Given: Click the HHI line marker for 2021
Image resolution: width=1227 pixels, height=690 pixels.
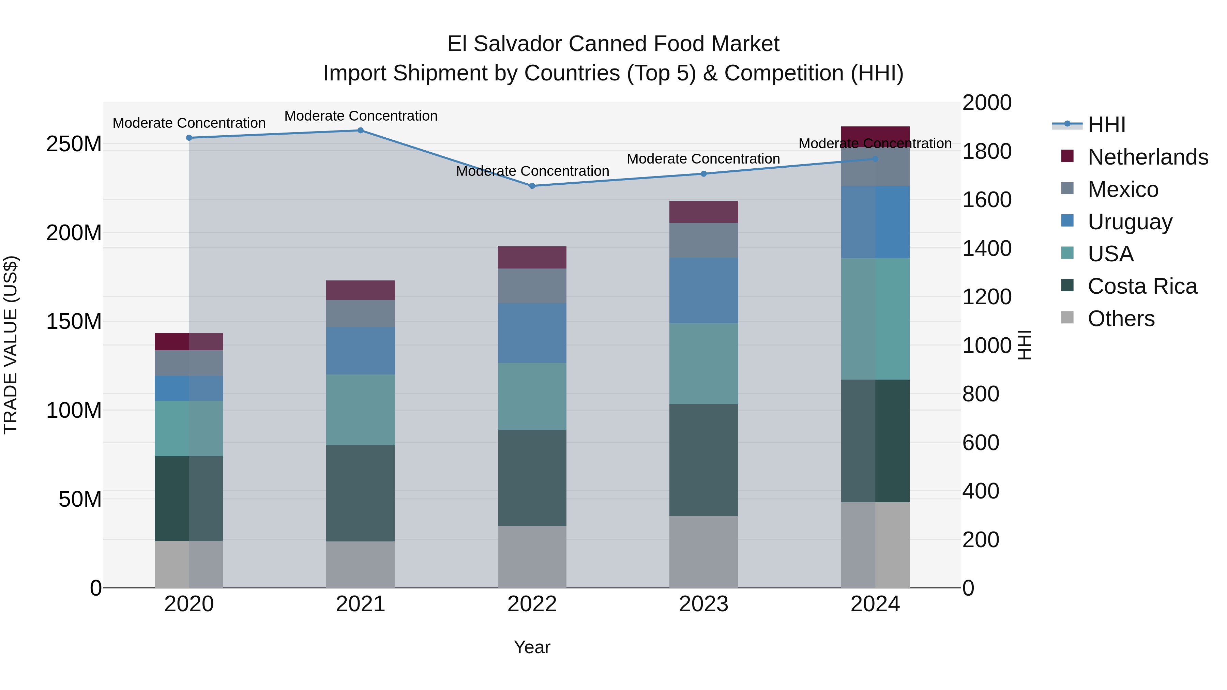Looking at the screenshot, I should tap(361, 131).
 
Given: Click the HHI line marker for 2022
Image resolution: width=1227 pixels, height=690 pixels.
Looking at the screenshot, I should tap(532, 186).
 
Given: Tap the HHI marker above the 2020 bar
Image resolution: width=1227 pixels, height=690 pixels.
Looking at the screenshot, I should tap(189, 138).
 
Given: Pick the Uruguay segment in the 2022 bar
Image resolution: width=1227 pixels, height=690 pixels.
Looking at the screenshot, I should tap(532, 333).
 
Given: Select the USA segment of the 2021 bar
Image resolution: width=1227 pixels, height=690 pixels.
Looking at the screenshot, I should tap(361, 410).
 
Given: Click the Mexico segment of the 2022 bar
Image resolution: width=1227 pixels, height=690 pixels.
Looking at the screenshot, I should tap(532, 286).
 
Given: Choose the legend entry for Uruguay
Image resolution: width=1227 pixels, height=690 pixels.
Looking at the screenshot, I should tap(1130, 222).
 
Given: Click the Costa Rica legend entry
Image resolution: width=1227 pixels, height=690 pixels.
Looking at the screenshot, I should tap(1142, 286).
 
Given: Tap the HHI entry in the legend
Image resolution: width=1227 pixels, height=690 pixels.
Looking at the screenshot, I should tap(1106, 125).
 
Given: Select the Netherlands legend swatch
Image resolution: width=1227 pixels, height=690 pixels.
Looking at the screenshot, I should tap(1067, 156).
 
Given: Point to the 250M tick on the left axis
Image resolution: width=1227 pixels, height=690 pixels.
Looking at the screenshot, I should tap(74, 144).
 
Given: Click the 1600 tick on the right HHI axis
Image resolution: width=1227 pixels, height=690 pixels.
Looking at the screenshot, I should tap(986, 200).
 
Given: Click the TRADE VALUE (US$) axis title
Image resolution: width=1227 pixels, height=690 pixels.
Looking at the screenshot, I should tap(11, 345).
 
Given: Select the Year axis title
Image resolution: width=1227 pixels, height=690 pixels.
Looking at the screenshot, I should tap(532, 647).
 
